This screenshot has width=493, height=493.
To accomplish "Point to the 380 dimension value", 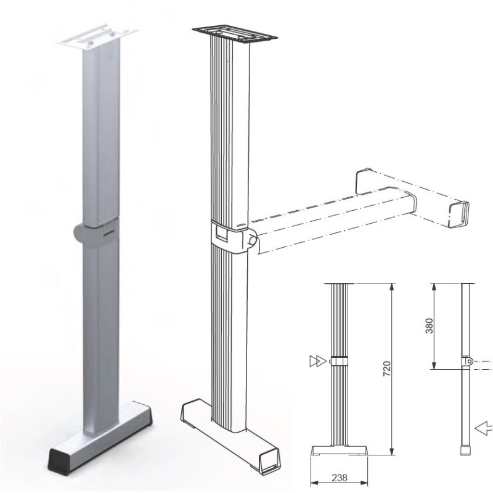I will (x=430, y=325).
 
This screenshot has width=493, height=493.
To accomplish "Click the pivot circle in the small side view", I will (x=469, y=362).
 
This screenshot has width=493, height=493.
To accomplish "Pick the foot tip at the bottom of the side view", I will (x=463, y=450).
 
